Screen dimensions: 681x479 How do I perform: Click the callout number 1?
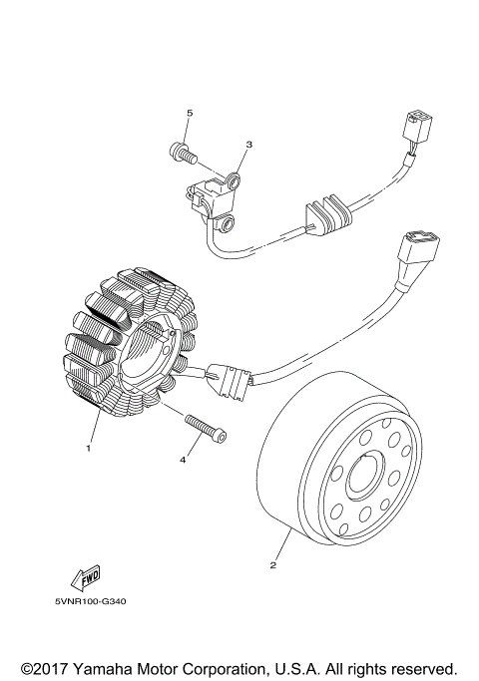(x=89, y=449)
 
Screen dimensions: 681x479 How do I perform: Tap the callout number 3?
(x=248, y=144)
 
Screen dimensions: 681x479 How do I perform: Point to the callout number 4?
(x=184, y=460)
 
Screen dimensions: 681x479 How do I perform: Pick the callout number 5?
(x=189, y=113)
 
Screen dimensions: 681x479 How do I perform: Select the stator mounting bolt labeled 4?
(x=205, y=426)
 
